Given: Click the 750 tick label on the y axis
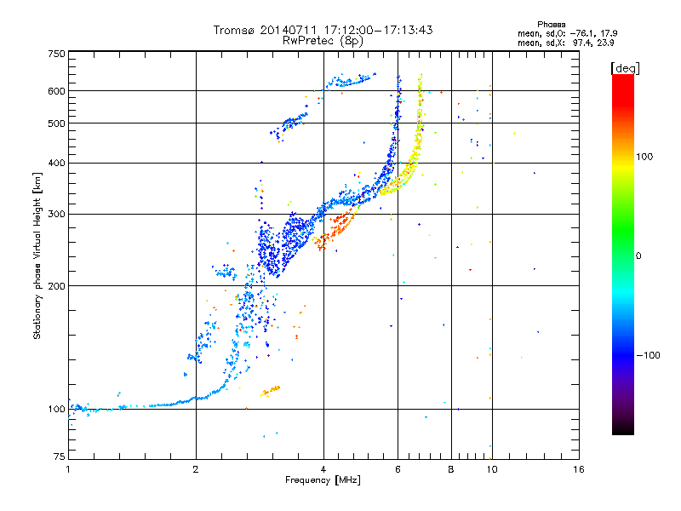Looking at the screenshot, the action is [56, 54].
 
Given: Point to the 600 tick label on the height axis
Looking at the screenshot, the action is [56, 91].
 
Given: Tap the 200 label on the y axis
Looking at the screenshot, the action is [56, 286].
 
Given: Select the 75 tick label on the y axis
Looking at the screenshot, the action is [59, 456].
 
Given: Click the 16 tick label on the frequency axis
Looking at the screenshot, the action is [579, 469].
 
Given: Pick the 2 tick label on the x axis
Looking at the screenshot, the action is [196, 469].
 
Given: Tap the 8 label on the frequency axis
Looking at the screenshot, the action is [451, 469].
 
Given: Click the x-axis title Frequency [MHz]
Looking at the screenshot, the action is [323, 480].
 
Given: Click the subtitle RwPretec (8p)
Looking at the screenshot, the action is [323, 41].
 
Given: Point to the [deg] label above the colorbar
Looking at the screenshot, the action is [625, 68].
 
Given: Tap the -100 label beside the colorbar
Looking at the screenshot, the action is [649, 355].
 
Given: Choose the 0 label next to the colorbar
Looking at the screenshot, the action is [638, 256].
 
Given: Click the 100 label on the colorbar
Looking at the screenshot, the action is [644, 157].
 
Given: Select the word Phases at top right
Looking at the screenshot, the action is [551, 25].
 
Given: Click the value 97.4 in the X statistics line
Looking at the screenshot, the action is [581, 43].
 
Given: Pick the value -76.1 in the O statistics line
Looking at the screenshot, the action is [582, 33].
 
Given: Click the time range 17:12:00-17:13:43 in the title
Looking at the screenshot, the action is [378, 30].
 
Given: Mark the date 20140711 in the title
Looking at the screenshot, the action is [289, 30].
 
